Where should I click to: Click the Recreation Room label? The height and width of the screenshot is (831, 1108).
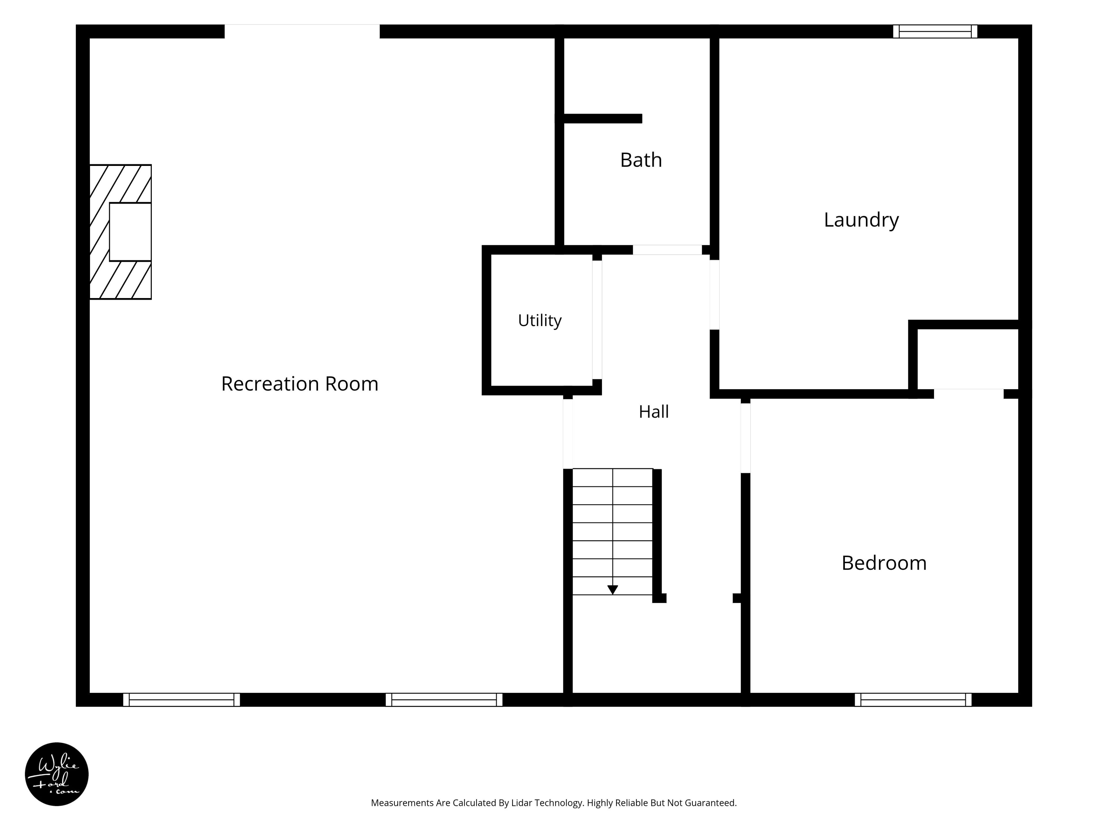pos(300,384)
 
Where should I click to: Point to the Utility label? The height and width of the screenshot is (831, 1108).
pos(540,320)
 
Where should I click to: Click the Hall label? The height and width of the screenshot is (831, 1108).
pos(654,412)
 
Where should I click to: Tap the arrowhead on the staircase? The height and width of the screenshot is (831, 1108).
pos(613,589)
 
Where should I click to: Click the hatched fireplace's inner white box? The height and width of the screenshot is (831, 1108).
pos(130,232)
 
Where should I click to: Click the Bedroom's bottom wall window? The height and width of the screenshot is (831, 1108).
pos(913,700)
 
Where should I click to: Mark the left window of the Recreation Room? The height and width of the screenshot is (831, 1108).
pos(181,700)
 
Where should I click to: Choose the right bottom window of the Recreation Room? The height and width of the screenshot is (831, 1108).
pos(444,700)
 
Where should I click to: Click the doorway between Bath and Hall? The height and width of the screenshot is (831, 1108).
pos(667,250)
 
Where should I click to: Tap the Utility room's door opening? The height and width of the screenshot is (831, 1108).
pos(597,320)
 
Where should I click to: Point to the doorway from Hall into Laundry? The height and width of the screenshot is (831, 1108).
pos(714,295)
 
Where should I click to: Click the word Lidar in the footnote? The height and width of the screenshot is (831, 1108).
pos(521,803)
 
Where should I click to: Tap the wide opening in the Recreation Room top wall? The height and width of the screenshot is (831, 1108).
pos(302,31)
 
